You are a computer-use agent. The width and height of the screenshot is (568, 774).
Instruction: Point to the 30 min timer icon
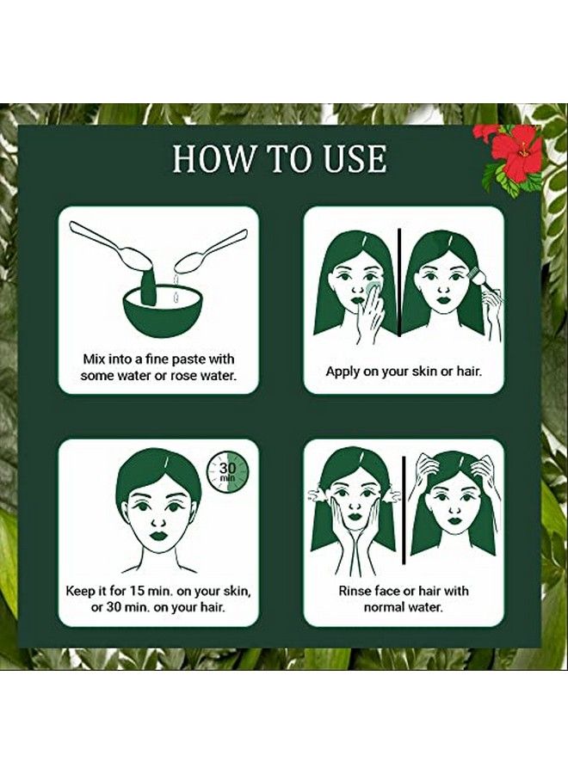point(227,472)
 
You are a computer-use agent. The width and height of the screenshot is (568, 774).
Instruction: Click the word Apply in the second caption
point(343,372)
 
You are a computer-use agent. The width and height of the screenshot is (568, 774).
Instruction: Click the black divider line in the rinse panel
point(404,510)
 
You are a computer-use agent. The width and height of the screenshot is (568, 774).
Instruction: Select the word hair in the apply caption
point(467,371)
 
